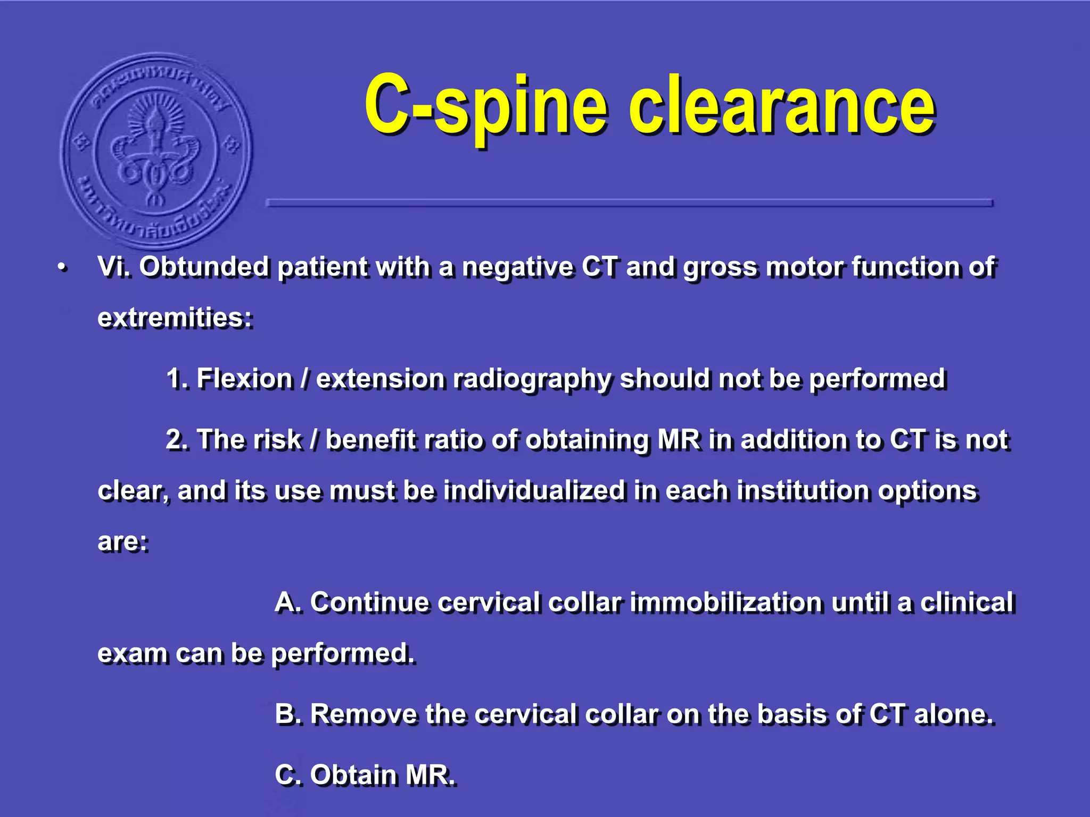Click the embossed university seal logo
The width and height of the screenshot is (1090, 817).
156,151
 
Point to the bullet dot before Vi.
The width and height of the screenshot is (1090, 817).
63,268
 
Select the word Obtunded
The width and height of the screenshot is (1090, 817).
204,266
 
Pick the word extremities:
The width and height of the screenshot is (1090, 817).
175,318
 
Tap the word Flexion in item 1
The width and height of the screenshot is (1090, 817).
244,379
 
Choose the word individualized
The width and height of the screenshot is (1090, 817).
534,490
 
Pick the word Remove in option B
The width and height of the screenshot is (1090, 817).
364,714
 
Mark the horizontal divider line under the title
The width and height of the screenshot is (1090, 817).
629,203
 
